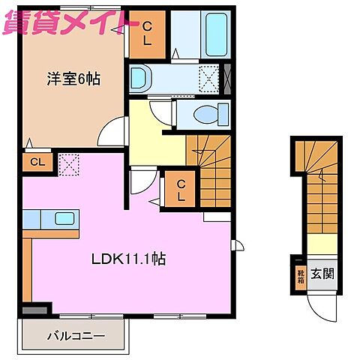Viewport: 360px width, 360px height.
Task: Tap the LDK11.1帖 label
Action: (x=129, y=259)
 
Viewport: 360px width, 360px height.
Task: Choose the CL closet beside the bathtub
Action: (x=147, y=34)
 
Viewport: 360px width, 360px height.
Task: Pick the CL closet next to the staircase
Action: (x=181, y=189)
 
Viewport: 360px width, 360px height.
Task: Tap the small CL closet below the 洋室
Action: (x=35, y=161)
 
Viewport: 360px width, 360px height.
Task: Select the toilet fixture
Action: (x=204, y=115)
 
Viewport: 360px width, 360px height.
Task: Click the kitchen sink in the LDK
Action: (x=64, y=219)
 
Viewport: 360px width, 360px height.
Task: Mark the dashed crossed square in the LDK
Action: (x=69, y=163)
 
